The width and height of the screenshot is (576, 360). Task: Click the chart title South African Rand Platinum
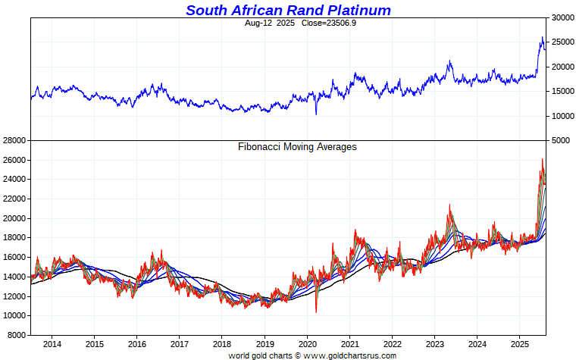(x=288, y=10)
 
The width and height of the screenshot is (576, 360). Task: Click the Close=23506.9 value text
(x=307, y=23)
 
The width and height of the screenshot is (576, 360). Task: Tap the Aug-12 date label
(x=259, y=23)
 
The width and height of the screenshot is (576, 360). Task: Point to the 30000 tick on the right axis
(x=562, y=17)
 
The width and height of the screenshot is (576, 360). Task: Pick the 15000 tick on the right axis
(x=562, y=92)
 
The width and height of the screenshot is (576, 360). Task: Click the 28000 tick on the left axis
(x=14, y=141)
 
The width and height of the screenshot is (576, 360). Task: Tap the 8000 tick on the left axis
(x=17, y=335)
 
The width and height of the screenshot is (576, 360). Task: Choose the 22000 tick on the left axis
(x=14, y=199)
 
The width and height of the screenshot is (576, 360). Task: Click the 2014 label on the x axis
(x=52, y=344)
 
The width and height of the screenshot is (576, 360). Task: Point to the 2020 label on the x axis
(x=306, y=344)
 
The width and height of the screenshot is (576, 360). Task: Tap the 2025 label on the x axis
(x=518, y=344)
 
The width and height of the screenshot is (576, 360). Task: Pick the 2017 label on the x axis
(x=179, y=344)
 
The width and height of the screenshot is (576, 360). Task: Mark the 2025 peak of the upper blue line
(x=542, y=37)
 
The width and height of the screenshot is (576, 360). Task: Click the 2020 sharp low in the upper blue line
(x=316, y=114)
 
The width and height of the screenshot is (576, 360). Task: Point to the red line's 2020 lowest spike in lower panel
(x=316, y=311)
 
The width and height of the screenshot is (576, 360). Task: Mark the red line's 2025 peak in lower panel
(x=542, y=159)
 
